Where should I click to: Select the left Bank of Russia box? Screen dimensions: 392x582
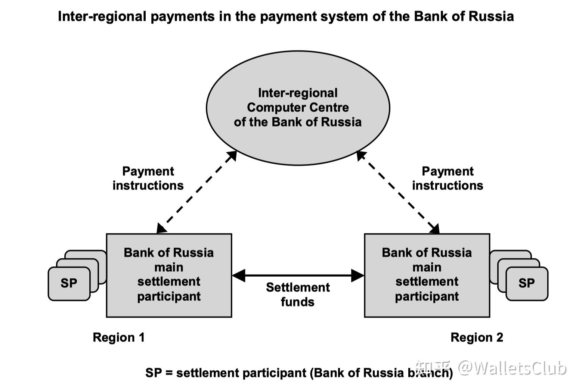point(169,275)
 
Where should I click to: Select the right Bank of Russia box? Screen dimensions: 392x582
point(427,275)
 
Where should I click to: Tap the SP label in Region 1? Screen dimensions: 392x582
point(69,283)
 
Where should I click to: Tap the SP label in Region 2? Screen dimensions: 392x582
point(526,283)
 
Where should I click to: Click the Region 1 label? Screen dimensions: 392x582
point(118,337)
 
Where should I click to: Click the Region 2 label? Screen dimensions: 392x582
point(477,337)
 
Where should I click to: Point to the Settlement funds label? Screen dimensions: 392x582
point(298,295)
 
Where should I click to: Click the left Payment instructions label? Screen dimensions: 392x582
point(148,178)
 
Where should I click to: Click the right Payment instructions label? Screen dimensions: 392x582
point(448,178)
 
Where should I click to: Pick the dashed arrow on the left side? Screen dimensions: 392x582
point(197,192)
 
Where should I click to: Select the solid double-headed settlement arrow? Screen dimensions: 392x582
point(298,276)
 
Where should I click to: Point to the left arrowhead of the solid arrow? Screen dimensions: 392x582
point(238,276)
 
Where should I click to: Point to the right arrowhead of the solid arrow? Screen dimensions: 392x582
point(358,276)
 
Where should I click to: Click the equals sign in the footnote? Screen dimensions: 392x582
point(169,373)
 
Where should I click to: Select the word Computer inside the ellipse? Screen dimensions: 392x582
point(273,108)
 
